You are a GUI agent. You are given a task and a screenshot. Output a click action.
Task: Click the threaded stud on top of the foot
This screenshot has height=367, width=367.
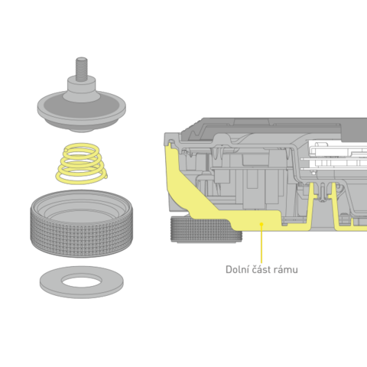point(81,69)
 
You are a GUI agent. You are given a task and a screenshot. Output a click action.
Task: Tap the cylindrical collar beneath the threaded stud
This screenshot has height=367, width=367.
point(81,86)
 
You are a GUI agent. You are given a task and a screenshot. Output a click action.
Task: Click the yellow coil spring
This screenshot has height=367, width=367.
point(82,164)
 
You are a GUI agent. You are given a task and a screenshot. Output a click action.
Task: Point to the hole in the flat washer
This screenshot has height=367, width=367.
point(82,281)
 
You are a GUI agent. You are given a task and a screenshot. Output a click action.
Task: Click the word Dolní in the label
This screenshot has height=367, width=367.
point(235,269)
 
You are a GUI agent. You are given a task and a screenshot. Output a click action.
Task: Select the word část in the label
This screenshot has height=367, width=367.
point(260,269)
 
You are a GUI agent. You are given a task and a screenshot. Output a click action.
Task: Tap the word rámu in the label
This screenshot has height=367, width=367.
point(287,270)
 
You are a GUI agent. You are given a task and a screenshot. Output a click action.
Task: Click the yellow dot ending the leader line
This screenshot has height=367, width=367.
point(261,224)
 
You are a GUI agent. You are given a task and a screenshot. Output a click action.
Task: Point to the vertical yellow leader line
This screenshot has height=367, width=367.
point(261,244)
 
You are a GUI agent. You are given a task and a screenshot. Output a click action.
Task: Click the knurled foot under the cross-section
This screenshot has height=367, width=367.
point(206,229)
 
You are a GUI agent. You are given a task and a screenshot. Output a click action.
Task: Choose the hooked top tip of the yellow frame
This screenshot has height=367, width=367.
point(169,145)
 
